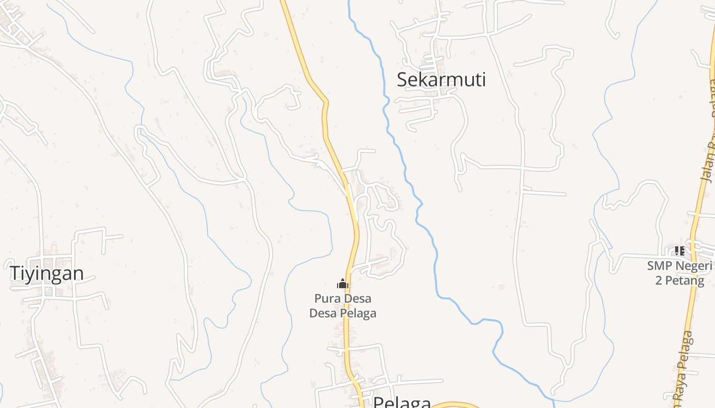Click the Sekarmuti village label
tap(441, 80)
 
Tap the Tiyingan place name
tap(46, 273)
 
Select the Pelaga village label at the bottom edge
tap(402, 402)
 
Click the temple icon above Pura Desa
tap(343, 284)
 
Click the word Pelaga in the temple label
tap(358, 313)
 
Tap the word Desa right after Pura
tap(357, 298)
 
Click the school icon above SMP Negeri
tap(679, 250)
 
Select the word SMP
tap(659, 266)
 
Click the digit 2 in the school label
tap(659, 280)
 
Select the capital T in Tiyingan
tap(15, 273)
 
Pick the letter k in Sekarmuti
tap(421, 80)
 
